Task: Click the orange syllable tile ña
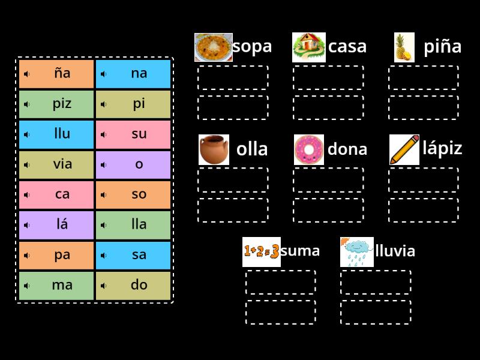click(56, 74)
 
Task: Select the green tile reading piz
click(56, 104)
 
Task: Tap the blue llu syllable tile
click(56, 134)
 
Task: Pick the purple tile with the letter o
click(133, 164)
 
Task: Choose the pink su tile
click(133, 134)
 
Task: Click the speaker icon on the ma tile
click(27, 286)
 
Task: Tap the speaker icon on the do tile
click(104, 286)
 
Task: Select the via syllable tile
click(56, 164)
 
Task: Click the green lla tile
click(133, 225)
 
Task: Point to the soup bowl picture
click(214, 47)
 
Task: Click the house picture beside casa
click(308, 47)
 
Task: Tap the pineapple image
click(404, 47)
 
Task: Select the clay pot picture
click(214, 149)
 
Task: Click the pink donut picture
click(309, 149)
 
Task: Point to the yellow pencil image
click(404, 149)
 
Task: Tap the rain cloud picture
click(356, 252)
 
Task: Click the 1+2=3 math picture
click(262, 252)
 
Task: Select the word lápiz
click(442, 148)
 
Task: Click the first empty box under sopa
click(233, 77)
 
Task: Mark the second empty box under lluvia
click(376, 312)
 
